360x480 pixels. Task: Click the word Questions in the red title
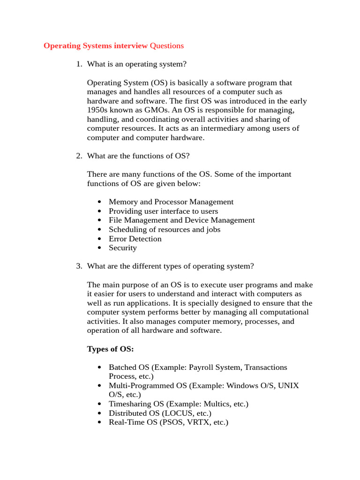166,46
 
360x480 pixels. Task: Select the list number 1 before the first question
78,64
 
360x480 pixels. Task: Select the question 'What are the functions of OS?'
138,156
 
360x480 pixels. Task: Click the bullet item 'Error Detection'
135,239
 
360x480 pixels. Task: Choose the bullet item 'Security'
123,248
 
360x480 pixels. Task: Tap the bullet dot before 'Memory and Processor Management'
99,202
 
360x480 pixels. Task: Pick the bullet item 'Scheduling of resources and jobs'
165,230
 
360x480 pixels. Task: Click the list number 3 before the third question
78,266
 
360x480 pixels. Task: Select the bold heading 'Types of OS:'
111,349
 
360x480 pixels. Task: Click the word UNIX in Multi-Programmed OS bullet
288,386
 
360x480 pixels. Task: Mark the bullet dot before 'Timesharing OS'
99,404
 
